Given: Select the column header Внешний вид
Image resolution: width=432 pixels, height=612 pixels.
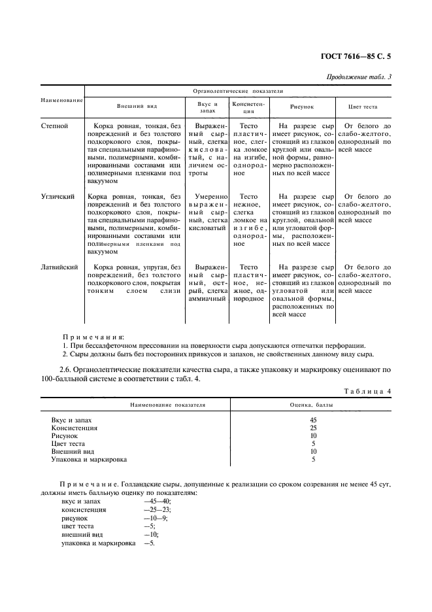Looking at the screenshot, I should [x=137, y=106].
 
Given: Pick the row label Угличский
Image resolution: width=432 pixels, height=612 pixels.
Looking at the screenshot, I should [x=58, y=196].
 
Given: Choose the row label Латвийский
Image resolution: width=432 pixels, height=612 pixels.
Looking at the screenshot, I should [x=60, y=267].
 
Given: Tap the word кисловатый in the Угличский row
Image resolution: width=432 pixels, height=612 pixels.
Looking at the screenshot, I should [x=207, y=228].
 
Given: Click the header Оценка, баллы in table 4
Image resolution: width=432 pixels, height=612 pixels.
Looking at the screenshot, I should [x=312, y=405].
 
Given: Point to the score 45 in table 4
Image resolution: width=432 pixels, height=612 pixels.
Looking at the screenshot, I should [x=313, y=420].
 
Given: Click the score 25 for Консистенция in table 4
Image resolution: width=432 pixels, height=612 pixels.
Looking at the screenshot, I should [x=313, y=428].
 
